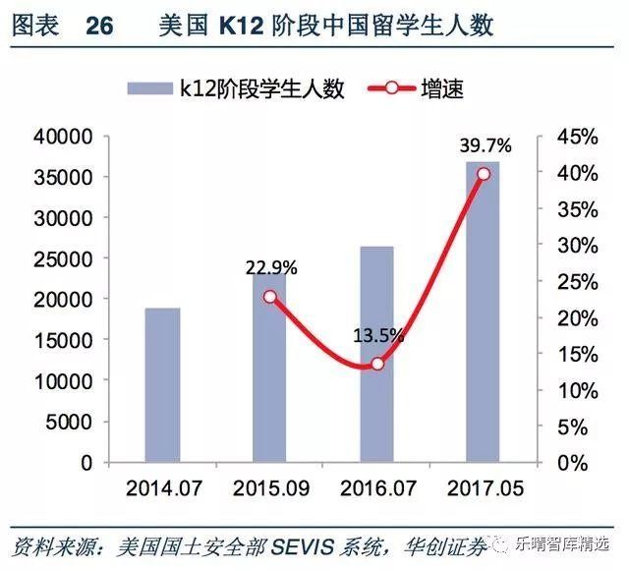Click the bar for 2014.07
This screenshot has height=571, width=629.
click(x=162, y=384)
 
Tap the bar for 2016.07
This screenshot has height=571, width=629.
click(x=376, y=354)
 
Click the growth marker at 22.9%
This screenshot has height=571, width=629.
click(x=270, y=296)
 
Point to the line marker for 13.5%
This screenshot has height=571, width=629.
click(x=376, y=364)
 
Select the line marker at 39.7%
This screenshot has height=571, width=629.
click(x=483, y=174)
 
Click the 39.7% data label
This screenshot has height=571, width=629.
click(x=486, y=145)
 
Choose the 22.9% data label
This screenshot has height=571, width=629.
click(x=271, y=267)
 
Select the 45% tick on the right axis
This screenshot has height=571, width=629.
click(x=568, y=137)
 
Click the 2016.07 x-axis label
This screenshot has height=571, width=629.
click(x=377, y=487)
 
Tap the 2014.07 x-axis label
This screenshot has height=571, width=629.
click(x=163, y=487)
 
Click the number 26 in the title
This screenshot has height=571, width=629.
click(x=100, y=26)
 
